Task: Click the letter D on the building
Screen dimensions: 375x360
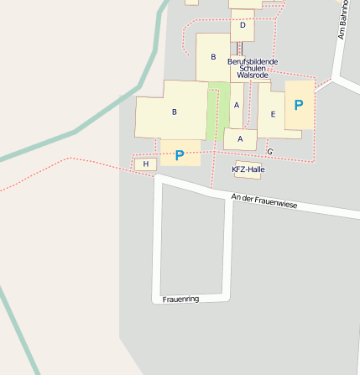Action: (242, 25)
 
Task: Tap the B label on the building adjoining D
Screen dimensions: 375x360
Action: (213, 57)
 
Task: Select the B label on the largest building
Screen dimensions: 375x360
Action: (175, 112)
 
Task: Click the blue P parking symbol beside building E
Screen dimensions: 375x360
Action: (299, 106)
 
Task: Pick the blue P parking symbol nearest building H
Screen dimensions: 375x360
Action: (180, 155)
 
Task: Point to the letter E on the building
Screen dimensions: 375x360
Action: (273, 114)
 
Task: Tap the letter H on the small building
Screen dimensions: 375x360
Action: (146, 164)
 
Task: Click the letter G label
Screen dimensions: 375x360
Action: (269, 151)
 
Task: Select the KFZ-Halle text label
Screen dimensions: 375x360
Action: (248, 169)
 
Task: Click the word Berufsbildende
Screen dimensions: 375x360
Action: (252, 62)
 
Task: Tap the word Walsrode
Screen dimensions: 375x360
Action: (253, 76)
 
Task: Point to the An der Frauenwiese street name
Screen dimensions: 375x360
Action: (264, 201)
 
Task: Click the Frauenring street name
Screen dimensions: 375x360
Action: (180, 299)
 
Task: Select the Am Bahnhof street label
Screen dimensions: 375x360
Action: (342, 21)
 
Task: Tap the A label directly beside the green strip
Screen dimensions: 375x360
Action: (237, 105)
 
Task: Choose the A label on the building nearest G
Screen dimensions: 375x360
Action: (241, 138)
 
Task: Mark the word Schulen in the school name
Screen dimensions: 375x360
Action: (253, 69)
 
